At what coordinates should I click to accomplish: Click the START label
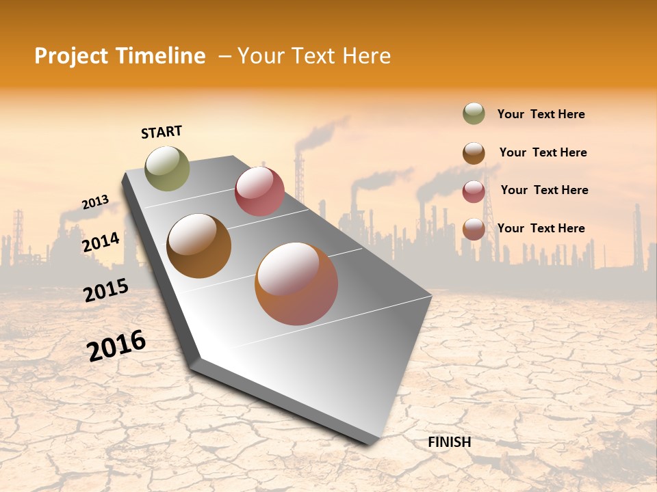(x=162, y=132)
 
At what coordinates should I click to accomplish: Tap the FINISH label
(x=450, y=442)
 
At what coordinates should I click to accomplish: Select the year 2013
(x=95, y=202)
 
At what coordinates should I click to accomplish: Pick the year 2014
(x=101, y=242)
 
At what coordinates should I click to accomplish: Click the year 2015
(x=106, y=290)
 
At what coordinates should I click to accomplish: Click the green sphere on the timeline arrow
(x=168, y=168)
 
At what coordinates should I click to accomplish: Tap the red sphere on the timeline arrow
(x=259, y=191)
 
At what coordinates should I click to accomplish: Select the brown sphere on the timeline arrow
(x=199, y=246)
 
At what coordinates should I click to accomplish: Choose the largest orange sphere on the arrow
(x=296, y=284)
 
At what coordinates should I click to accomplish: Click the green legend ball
(x=474, y=113)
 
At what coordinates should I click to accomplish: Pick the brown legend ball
(x=474, y=153)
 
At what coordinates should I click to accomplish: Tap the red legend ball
(x=474, y=191)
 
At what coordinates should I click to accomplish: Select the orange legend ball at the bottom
(x=474, y=229)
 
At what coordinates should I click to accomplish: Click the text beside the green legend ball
(x=541, y=115)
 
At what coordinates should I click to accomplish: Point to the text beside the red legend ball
(x=544, y=190)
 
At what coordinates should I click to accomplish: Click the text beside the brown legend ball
(x=543, y=152)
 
